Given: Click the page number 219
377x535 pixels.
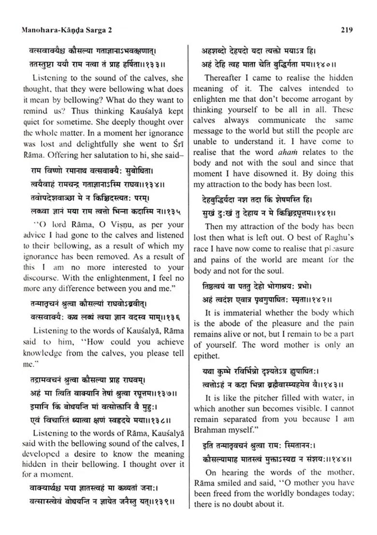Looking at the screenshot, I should (347, 30).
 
